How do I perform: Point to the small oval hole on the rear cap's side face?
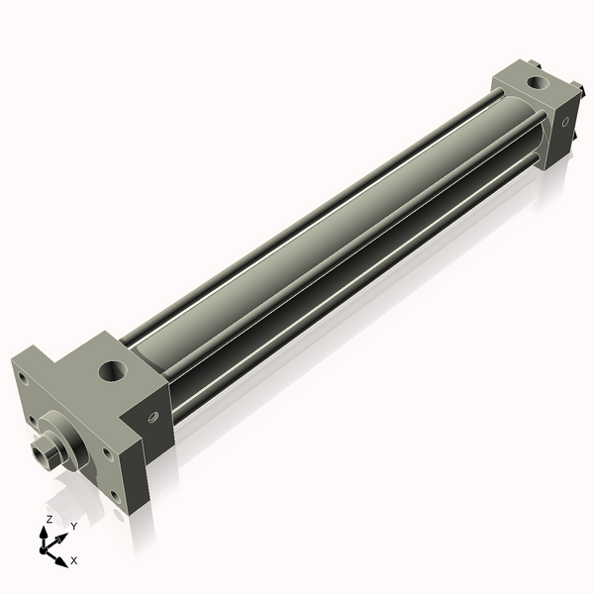(x=565, y=123)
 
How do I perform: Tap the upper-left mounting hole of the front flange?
(x=23, y=376)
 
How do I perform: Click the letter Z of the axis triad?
(x=49, y=519)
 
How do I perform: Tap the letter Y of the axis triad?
(x=74, y=526)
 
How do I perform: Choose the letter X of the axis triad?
(x=74, y=560)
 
